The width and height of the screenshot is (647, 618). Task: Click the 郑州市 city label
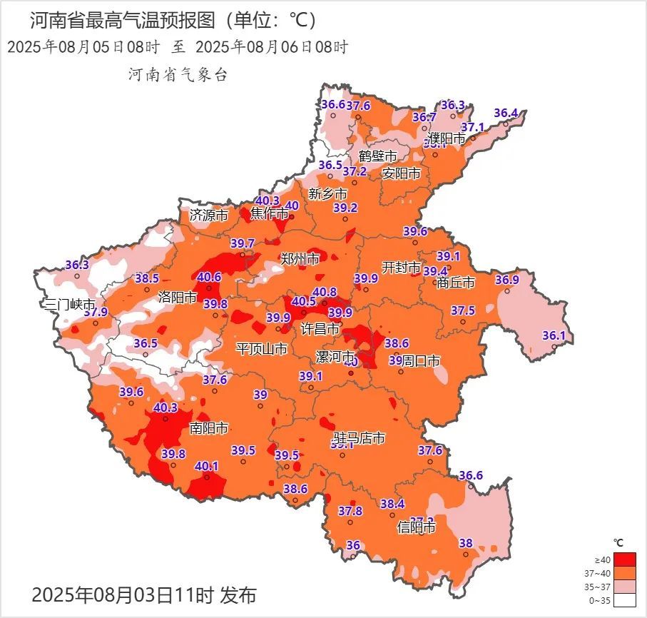coord(300,259)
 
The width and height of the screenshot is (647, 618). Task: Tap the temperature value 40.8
coord(324,291)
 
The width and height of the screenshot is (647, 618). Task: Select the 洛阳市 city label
coord(177,297)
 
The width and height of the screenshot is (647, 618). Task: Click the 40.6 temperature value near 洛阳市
coord(209,277)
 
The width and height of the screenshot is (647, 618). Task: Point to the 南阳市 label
coord(209,428)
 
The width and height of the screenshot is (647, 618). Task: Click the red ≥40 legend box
coord(624,559)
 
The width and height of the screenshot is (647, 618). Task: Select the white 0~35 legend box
coord(624,600)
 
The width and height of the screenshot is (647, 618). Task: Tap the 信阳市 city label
coord(416,529)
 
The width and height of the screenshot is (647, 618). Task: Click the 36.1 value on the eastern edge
coord(554,335)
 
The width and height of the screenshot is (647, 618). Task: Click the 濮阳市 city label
coord(447,138)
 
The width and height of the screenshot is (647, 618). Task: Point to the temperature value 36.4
coord(506,113)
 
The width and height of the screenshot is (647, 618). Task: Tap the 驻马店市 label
coord(360,437)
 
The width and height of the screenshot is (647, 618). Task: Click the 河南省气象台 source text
coord(178,74)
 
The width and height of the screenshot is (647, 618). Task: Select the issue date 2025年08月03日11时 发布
coord(143,594)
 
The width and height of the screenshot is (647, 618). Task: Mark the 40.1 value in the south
coord(207,466)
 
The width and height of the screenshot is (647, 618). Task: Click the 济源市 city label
coord(209,214)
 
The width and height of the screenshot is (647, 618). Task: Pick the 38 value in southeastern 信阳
coord(466,542)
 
